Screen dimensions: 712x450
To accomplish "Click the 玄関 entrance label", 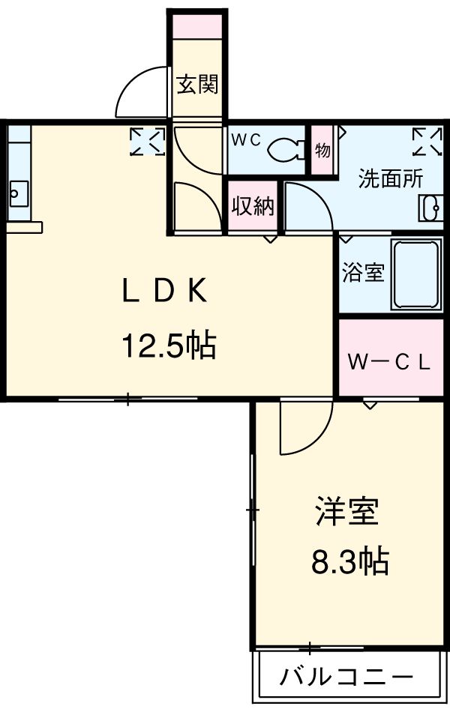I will [197, 84].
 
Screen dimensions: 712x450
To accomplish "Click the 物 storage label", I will [322, 150].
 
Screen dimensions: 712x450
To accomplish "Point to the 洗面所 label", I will [390, 178].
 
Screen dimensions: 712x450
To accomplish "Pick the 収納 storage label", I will [252, 206].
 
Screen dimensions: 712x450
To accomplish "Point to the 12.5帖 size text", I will [169, 346].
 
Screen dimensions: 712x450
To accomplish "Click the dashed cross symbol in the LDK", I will [147, 141].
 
